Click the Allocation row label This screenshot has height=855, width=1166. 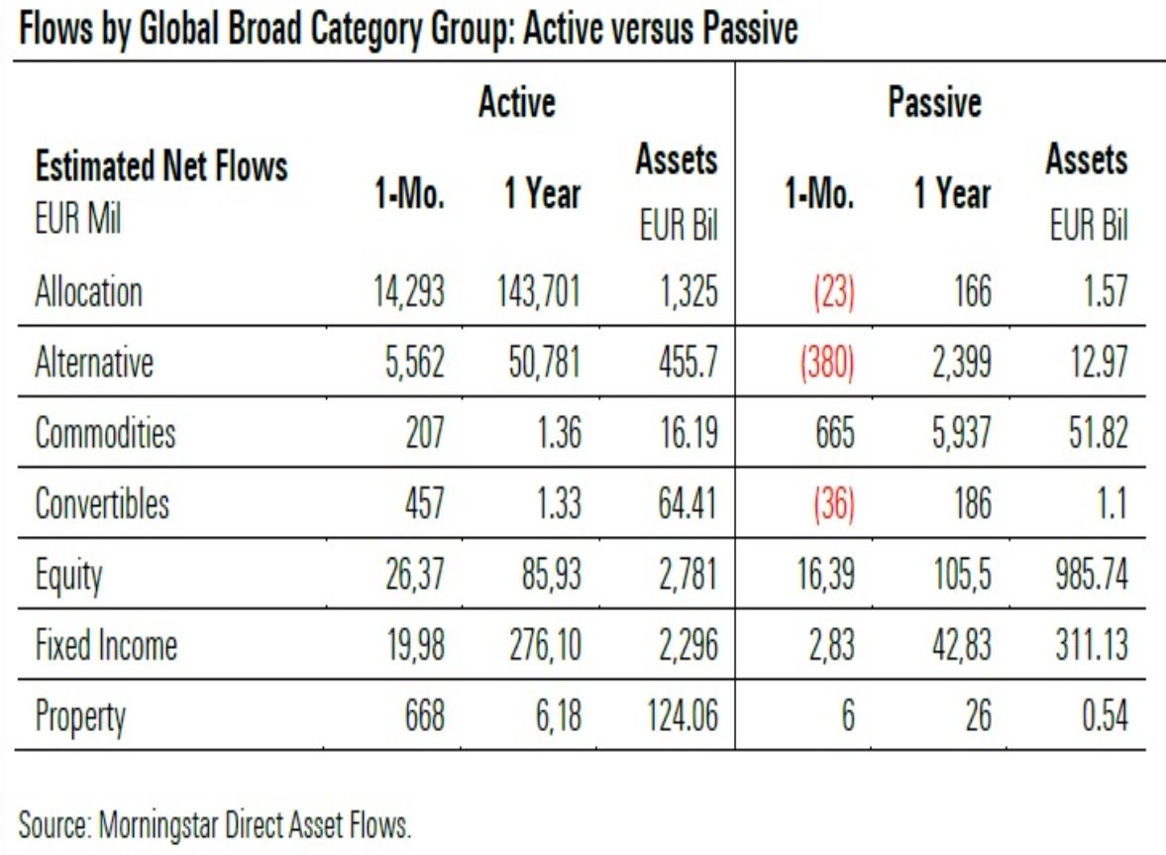88,291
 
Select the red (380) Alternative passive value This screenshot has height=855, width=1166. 827,363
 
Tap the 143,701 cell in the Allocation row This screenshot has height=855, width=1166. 538,291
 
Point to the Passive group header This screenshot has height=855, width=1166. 935,102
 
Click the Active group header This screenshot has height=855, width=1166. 517,102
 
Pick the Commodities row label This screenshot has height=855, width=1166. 105,433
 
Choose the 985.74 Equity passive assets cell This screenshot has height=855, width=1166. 1091,575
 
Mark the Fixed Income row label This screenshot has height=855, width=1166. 106,645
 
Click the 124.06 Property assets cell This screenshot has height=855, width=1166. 683,716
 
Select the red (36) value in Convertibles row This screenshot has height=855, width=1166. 833,504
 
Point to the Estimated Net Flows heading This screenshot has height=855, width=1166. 161,165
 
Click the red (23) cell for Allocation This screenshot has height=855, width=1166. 833,292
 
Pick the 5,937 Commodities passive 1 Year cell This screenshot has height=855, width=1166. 962,434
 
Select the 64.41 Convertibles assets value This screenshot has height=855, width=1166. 688,503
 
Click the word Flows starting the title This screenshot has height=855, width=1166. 55,30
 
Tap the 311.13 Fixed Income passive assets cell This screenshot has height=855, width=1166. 1092,645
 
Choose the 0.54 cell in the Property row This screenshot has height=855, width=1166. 1105,716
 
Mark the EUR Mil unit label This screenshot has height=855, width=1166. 78,220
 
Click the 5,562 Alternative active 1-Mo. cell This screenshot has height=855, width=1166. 414,363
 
